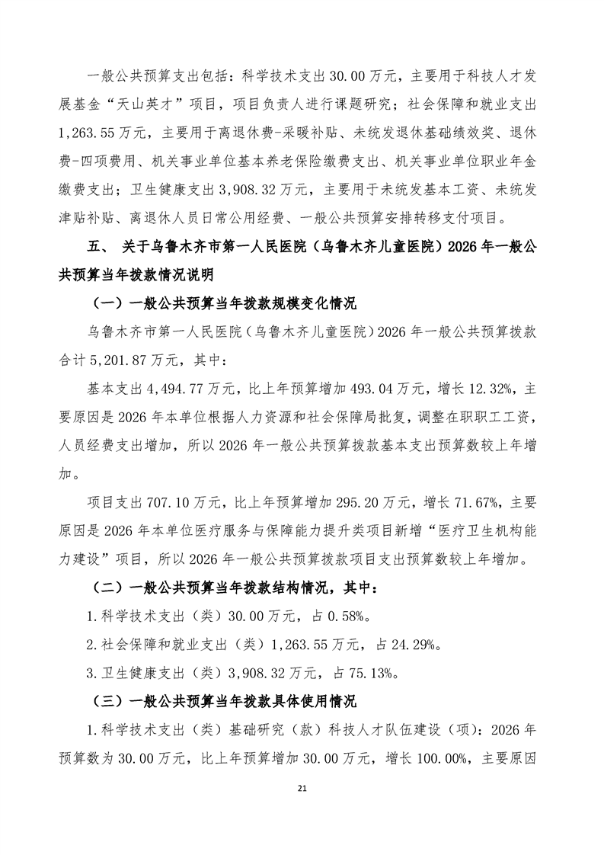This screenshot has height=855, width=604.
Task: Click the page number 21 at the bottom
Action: point(302,809)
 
